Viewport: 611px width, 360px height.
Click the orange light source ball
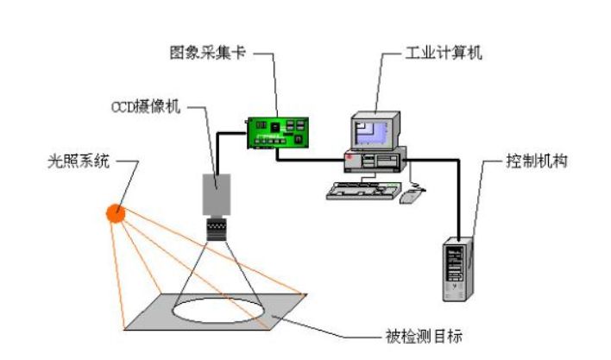click(116, 212)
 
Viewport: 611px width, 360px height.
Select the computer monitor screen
click(372, 130)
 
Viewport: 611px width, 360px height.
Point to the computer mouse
click(412, 195)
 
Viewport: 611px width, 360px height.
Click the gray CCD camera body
click(216, 194)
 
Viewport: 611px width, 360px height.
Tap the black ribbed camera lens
click(216, 228)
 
